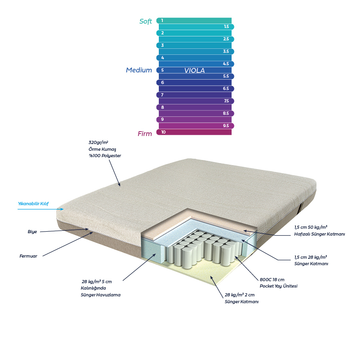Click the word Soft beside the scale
pos(146,21)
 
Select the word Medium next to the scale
pos(139,70)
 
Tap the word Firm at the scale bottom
pos(145,134)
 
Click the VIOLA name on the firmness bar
pos(194,70)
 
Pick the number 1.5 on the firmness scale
pos(226,27)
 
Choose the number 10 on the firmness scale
pos(163,132)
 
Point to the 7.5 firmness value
pos(226,101)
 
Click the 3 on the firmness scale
pos(162,46)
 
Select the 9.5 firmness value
pos(226,126)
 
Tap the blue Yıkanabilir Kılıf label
pos(33,204)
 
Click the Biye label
pos(32,232)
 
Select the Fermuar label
pos(28,256)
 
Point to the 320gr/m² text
pos(98,142)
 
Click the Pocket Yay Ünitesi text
pos(278,286)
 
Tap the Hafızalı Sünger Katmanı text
pos(320,234)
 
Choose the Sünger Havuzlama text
pos(100,295)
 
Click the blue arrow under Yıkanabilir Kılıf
pos(41,209)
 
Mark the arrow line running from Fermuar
pos(68,244)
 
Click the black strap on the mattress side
pos(301,208)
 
